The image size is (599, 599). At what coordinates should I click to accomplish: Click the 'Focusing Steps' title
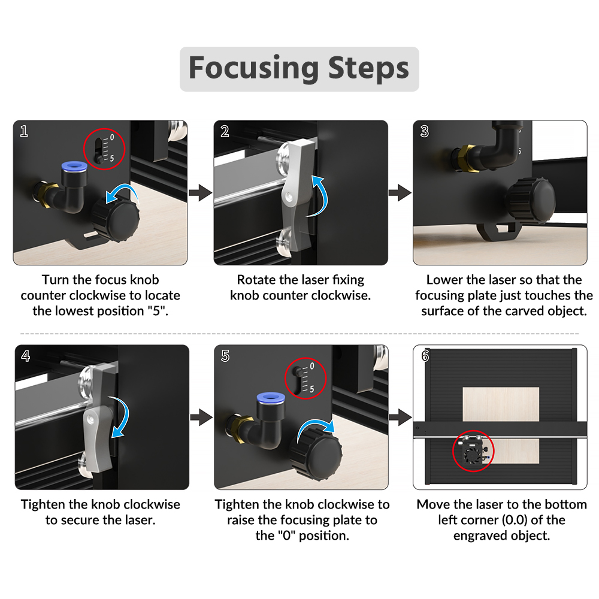coord(299,68)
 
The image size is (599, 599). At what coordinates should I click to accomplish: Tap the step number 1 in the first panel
coord(24,131)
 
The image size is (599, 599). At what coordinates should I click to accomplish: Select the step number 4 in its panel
coord(25,356)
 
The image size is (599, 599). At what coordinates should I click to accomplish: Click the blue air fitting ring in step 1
coord(74,166)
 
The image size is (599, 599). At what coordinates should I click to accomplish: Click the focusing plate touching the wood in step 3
coord(498,231)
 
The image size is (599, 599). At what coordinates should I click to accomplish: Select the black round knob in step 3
coord(530,200)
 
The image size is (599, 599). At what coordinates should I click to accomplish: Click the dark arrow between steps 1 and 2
coord(200,192)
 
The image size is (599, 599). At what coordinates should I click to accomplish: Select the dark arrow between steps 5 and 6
coord(400,417)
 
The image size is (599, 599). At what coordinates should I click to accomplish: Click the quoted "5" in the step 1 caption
coord(156,311)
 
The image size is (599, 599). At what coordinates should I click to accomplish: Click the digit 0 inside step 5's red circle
coord(311,366)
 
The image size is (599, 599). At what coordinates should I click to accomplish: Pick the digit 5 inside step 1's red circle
coord(111,159)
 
